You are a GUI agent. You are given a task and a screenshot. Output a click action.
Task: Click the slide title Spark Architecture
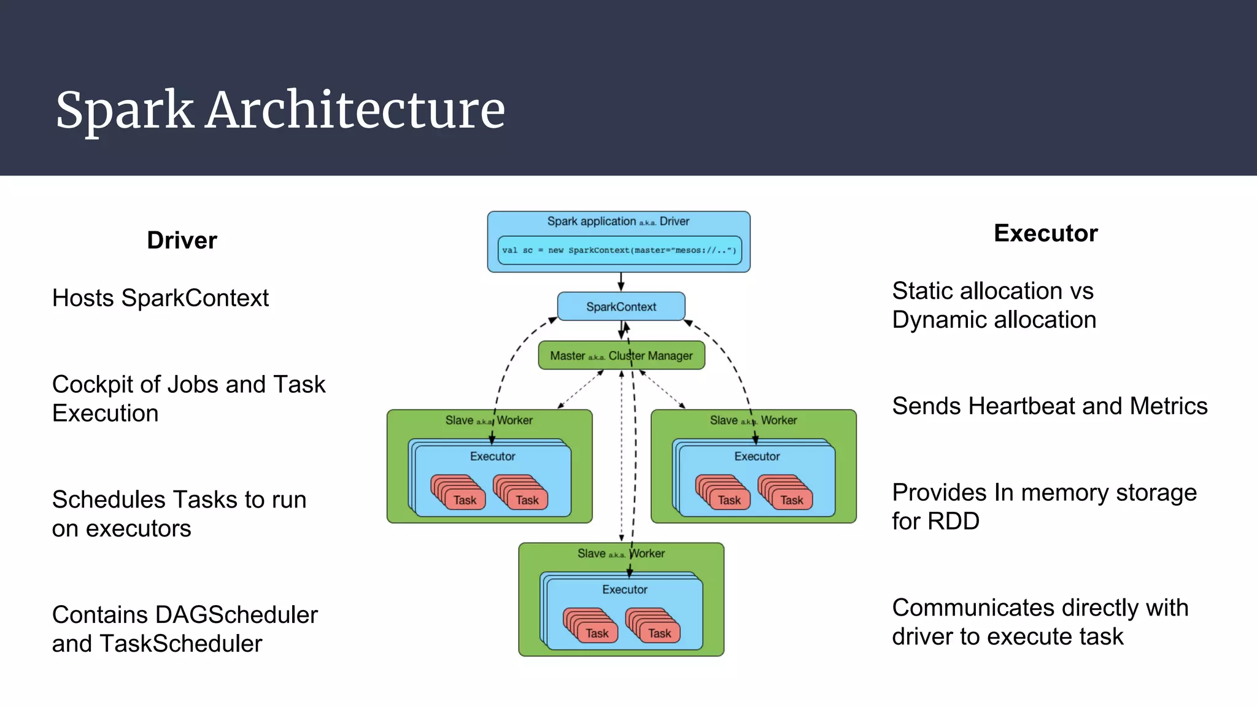click(280, 110)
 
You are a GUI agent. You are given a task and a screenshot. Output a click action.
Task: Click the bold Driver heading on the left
click(182, 240)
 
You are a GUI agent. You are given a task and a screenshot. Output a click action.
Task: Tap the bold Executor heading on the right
click(1045, 233)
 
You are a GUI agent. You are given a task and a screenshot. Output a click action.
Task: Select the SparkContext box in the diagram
click(621, 306)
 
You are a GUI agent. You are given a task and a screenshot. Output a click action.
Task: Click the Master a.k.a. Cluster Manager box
click(621, 356)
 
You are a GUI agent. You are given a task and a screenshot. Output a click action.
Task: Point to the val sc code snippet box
click(619, 250)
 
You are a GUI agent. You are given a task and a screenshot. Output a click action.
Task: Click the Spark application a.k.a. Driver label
click(618, 222)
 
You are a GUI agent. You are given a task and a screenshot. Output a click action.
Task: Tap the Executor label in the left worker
click(492, 457)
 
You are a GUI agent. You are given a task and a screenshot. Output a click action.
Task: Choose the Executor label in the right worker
click(757, 457)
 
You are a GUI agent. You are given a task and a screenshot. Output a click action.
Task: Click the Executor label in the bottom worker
click(624, 590)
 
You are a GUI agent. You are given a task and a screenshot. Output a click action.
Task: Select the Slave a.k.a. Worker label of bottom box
click(621, 554)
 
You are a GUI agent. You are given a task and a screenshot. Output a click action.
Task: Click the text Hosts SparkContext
click(160, 298)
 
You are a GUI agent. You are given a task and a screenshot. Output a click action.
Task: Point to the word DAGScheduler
click(236, 615)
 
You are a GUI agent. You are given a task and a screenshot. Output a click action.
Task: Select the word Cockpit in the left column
click(91, 385)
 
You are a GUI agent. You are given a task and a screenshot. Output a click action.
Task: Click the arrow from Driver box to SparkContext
click(621, 282)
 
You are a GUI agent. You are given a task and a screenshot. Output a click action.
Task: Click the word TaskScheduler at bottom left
click(180, 644)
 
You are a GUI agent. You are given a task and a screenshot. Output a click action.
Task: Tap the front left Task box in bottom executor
click(597, 633)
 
